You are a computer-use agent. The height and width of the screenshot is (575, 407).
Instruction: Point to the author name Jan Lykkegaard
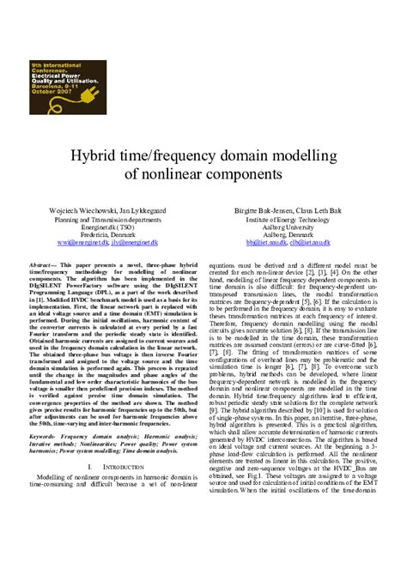pos(145,209)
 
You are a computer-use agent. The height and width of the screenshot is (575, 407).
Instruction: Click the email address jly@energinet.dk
pos(142,244)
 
